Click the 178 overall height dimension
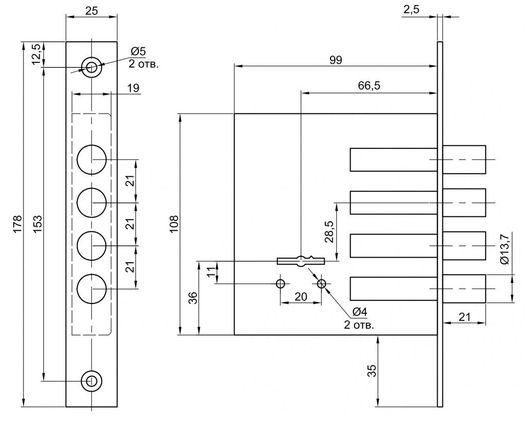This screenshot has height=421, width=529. coord(18,224)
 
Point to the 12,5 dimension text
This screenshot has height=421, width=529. coord(37,54)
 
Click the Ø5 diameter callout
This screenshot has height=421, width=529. coord(138,51)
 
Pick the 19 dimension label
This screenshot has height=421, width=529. coord(134,88)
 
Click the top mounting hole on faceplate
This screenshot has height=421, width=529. coord(91,67)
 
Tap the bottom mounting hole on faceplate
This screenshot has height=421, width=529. coord(91,381)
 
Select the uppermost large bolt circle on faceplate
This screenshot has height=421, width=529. coord(92,160)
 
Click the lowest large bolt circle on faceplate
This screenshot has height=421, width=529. coord(92,289)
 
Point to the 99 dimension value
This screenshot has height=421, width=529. coord(336,60)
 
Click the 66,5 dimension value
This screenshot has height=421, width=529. coord(369,86)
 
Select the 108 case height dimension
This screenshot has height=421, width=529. coord(174,224)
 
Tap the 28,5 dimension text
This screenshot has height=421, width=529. coord(329,231)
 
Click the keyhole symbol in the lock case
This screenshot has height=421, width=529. coord(301,261)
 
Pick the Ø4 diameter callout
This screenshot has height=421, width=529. coord(359,312)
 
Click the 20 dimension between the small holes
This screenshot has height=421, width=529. coord(301,297)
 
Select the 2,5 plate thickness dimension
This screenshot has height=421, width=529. coord(411,10)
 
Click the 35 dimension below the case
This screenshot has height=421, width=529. coord(371,371)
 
